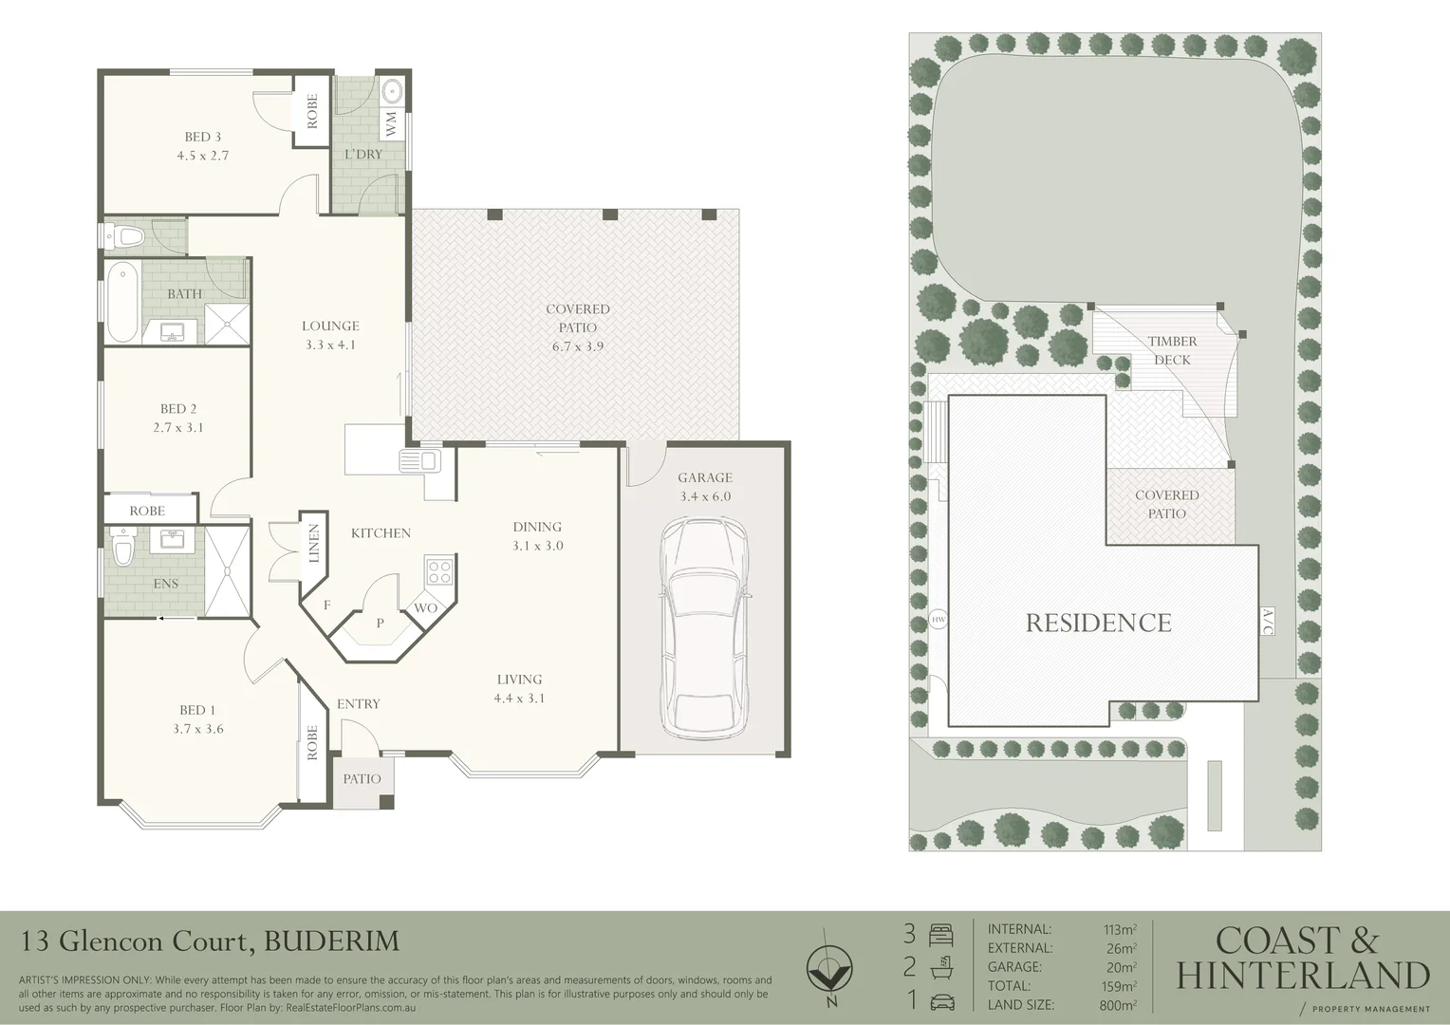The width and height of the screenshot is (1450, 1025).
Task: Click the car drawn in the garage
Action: tap(705, 627)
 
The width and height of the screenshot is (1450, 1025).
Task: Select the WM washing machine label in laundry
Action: tap(391, 123)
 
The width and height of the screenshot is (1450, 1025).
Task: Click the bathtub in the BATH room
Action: tap(122, 303)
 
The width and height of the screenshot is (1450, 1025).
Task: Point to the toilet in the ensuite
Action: tap(121, 550)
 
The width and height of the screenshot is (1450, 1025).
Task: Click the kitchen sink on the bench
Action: tap(418, 461)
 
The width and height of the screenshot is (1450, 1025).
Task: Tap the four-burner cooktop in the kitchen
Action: tap(440, 571)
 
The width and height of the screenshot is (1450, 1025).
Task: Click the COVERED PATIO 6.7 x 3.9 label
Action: tap(577, 327)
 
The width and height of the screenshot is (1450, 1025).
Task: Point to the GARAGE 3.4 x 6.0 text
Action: tap(705, 487)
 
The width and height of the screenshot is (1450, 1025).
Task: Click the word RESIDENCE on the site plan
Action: tap(1098, 623)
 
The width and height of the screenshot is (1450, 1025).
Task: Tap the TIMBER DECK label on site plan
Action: tap(1172, 350)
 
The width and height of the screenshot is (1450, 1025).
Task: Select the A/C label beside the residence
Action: tap(1267, 623)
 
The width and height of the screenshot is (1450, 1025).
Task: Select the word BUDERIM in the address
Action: tap(331, 941)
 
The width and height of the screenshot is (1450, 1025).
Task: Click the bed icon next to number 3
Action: tap(941, 935)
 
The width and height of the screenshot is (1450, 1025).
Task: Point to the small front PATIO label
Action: tap(362, 779)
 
